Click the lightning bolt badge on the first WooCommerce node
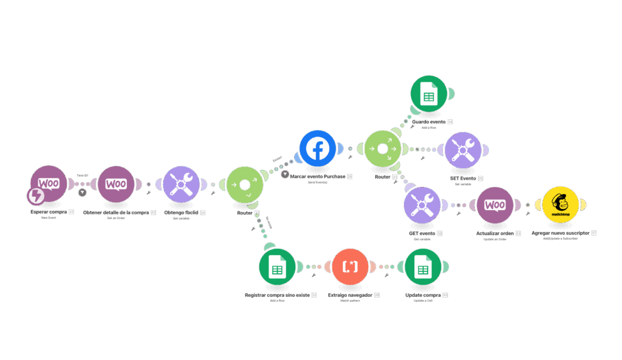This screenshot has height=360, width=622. [36, 196]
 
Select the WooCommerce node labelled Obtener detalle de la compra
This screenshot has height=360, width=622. [116, 184]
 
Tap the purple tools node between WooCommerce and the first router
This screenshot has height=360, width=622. [182, 184]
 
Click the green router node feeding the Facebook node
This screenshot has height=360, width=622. [245, 184]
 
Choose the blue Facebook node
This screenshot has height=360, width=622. [317, 149]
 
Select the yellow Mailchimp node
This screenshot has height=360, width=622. [562, 204]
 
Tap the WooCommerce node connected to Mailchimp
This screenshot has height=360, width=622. [495, 205]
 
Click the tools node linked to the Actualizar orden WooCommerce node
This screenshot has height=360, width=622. [422, 205]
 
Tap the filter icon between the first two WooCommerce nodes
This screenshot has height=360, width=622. [83, 192]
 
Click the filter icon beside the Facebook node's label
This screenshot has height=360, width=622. [285, 175]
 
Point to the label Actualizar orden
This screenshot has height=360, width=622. [491, 233]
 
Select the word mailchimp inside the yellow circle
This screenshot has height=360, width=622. [562, 214]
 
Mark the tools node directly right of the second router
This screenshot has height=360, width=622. [463, 149]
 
